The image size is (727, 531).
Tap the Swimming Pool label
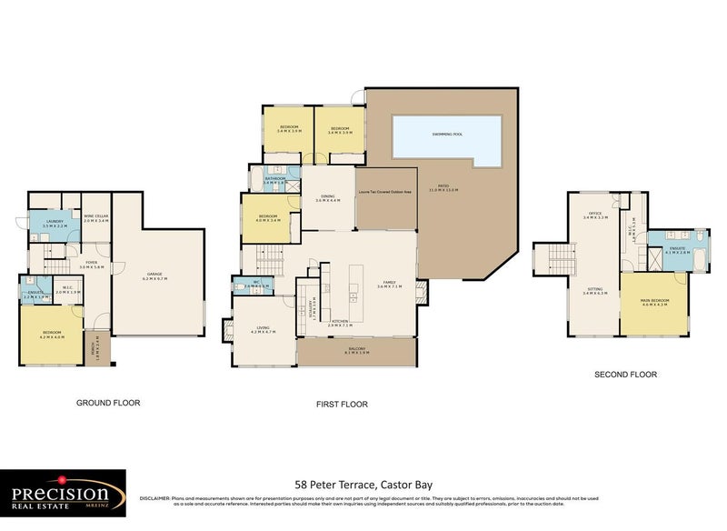pyautogui.click(x=447, y=134)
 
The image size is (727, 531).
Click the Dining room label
pyautogui.click(x=327, y=197)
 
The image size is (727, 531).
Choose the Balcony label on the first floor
pyautogui.click(x=356, y=350)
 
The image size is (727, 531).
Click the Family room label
pyautogui.click(x=390, y=283)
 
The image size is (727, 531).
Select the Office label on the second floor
pyautogui.click(x=595, y=215)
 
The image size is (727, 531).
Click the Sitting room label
pyautogui.click(x=595, y=290)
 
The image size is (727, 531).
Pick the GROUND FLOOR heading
pyautogui.click(x=108, y=402)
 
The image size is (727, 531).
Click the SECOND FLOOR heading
pyautogui.click(x=625, y=374)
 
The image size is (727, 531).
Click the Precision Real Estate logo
pyautogui.click(x=62, y=494)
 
